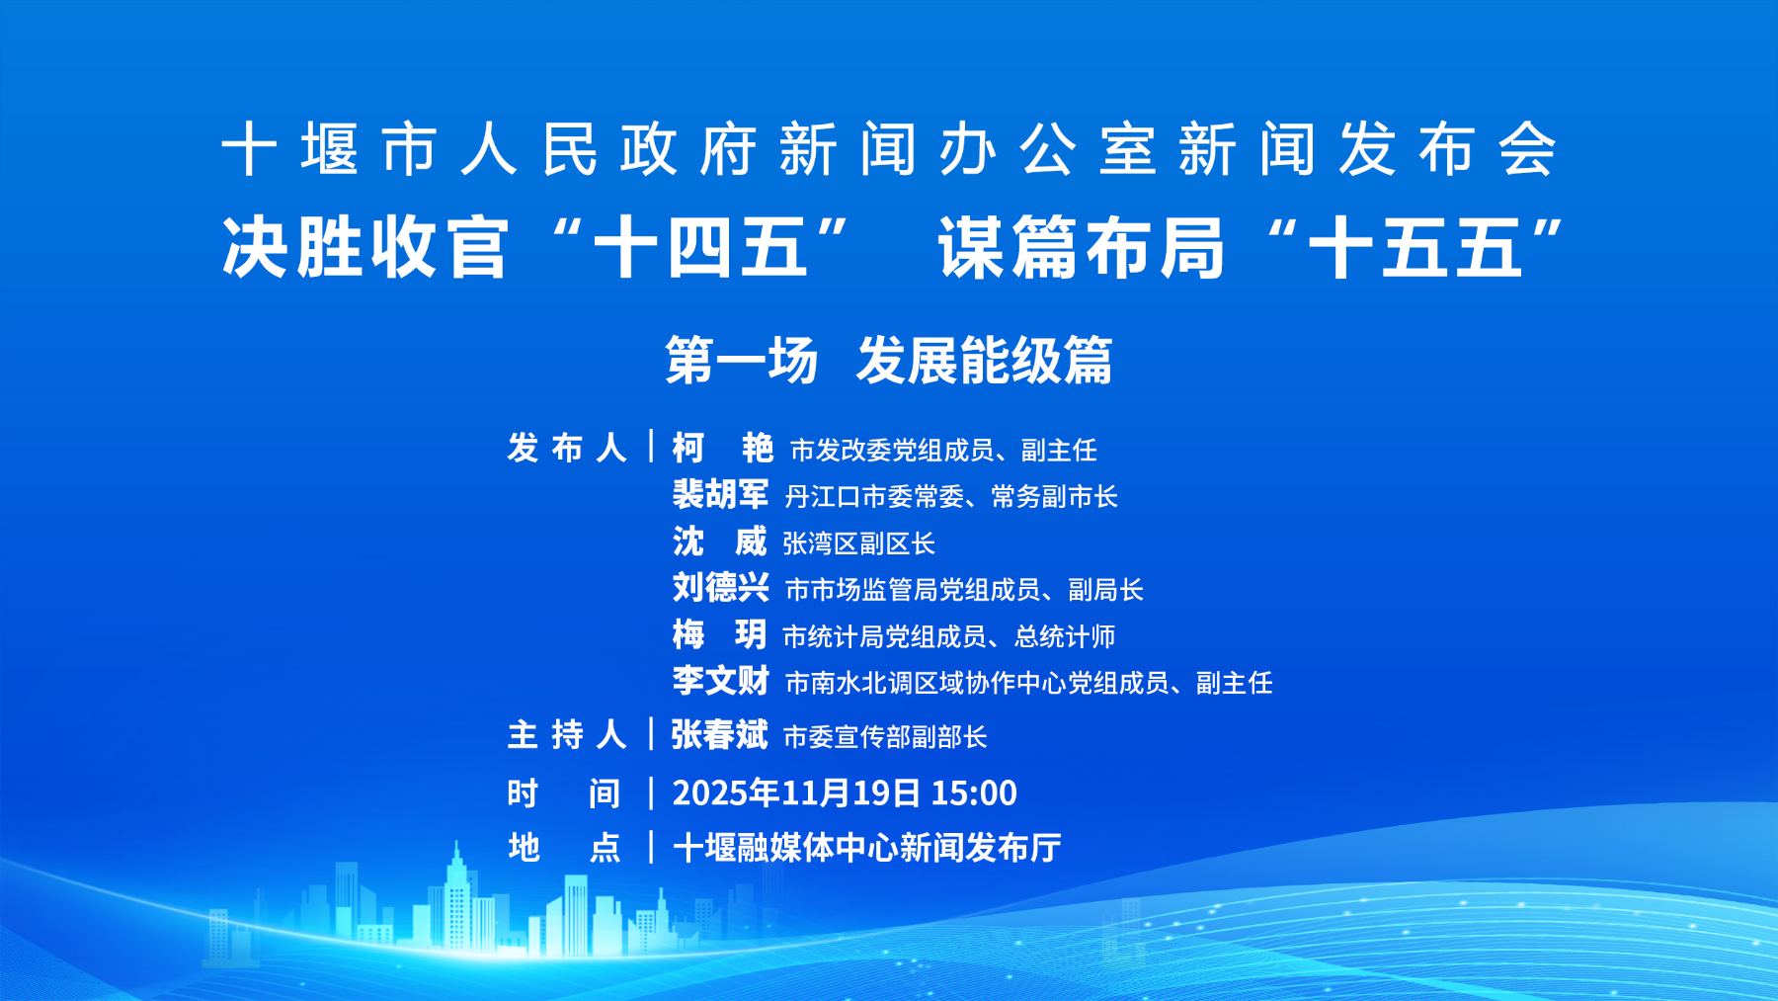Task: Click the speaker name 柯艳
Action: [x=722, y=449]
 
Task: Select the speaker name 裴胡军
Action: [x=720, y=495]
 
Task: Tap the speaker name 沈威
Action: [x=719, y=542]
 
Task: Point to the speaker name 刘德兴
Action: [x=720, y=588]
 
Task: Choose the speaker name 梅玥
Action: [x=719, y=634]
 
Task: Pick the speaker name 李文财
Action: [x=720, y=681]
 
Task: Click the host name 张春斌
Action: [x=719, y=735]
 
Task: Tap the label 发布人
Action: [x=567, y=449]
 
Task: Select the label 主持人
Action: [x=567, y=735]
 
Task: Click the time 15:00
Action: [x=974, y=792]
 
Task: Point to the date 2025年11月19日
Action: [x=796, y=792]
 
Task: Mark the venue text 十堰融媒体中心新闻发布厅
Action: [x=866, y=848]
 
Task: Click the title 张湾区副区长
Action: [x=858, y=543]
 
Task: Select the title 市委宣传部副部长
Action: [x=885, y=737]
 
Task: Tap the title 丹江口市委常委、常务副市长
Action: [x=951, y=497]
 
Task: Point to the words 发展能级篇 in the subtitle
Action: [x=985, y=361]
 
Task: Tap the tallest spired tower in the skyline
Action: [x=456, y=899]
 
